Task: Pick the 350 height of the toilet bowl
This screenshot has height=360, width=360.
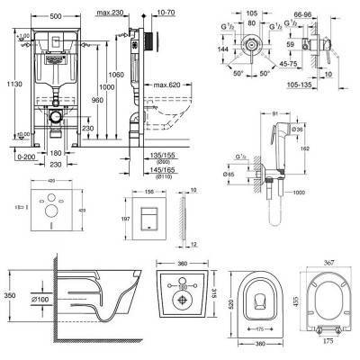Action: (7, 294)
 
